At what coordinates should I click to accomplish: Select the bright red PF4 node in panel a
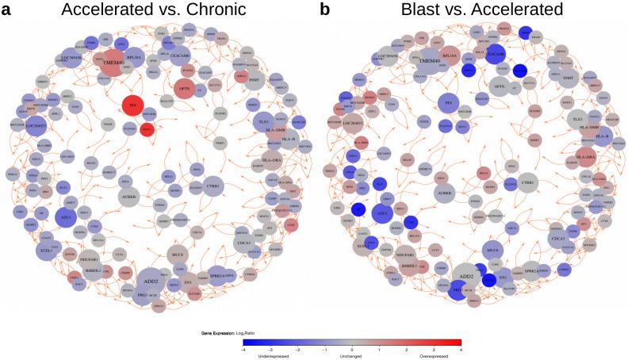134,104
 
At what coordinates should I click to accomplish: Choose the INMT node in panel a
255,79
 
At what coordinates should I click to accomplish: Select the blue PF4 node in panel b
448,104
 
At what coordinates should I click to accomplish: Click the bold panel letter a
7,10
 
